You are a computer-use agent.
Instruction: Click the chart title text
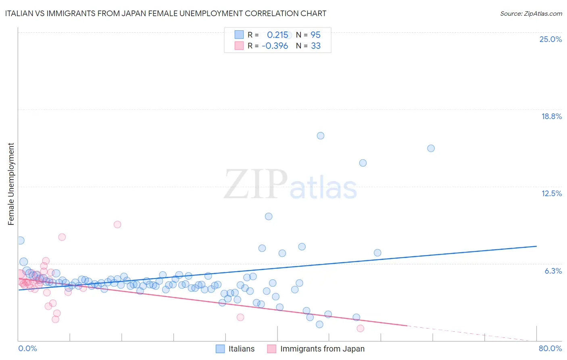point(166,14)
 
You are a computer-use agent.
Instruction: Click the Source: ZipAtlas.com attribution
point(531,14)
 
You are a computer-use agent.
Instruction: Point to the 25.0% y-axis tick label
point(550,39)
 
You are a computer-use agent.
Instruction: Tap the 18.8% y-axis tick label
point(551,116)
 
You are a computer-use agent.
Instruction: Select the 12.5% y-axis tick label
point(551,193)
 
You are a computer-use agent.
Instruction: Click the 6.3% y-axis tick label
point(553,271)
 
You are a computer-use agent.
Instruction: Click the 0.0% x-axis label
point(27,348)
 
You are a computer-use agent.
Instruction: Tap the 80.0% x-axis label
point(550,348)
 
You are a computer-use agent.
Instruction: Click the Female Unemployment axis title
point(11,184)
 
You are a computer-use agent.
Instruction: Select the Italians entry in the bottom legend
point(241,349)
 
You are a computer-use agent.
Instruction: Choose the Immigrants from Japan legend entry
point(322,349)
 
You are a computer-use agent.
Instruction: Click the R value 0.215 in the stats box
point(277,35)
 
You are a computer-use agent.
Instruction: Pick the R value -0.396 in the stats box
point(275,46)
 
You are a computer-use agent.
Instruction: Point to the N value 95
point(315,35)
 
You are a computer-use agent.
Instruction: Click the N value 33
point(315,46)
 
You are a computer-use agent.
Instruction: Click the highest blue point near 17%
point(321,136)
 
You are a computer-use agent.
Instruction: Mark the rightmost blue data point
point(431,148)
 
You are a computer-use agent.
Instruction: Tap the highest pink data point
point(117,224)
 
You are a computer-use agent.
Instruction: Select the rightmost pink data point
point(361,328)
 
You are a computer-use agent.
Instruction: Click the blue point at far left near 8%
point(21,241)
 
